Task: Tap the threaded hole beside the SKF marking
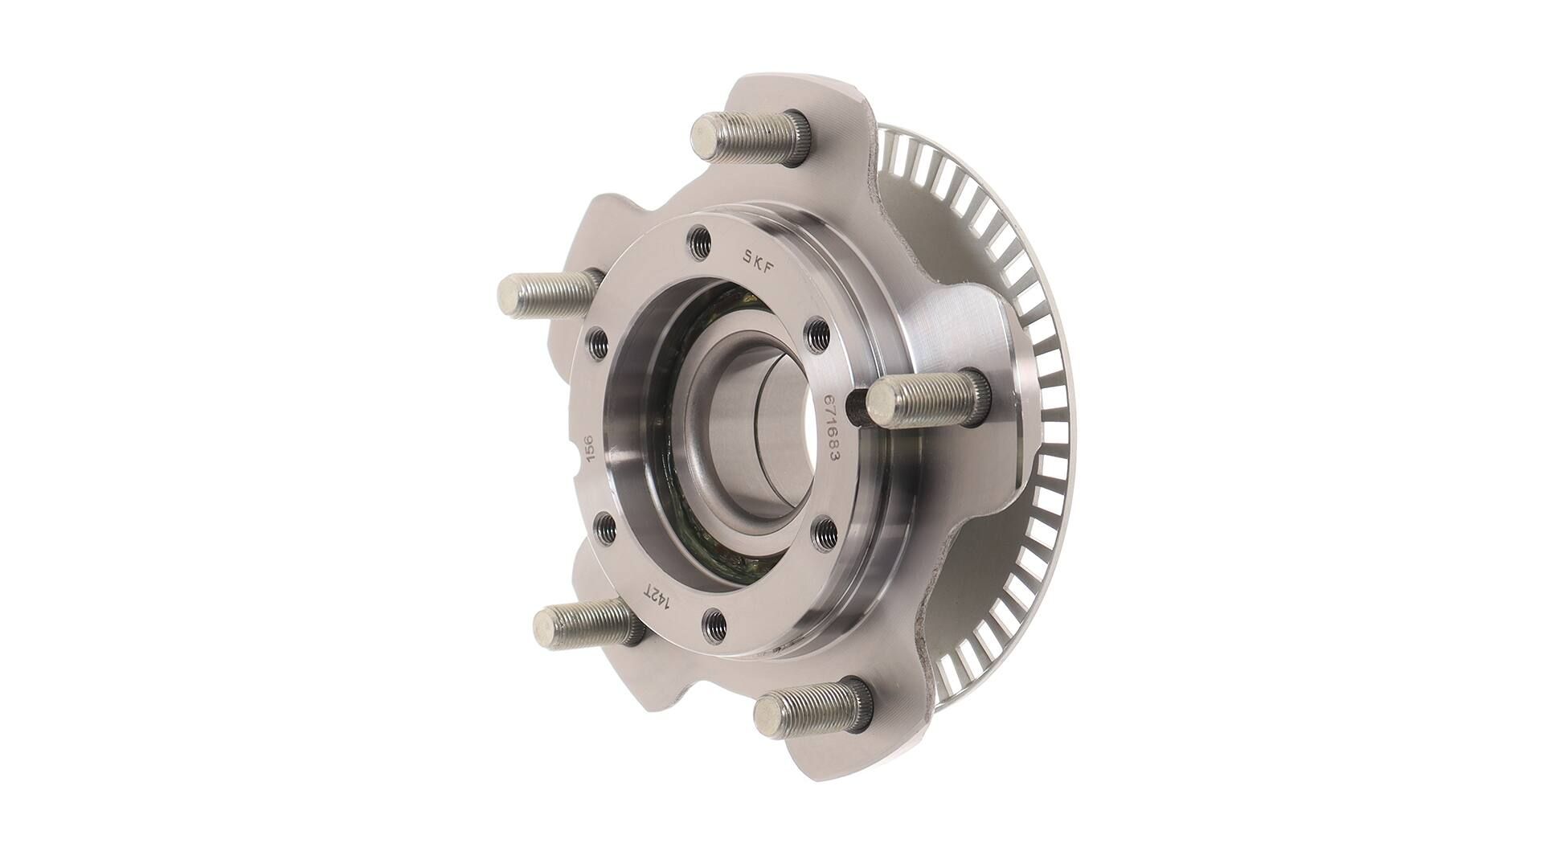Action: [699, 240]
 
